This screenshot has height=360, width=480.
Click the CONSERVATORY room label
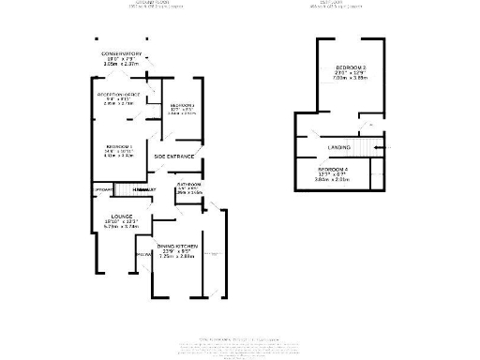(122, 53)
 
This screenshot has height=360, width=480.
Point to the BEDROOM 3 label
(180, 104)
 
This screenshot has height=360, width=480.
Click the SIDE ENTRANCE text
(173, 156)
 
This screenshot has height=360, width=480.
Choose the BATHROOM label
(190, 185)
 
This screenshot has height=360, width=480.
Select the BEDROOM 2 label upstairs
(352, 70)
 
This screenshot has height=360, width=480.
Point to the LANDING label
(339, 147)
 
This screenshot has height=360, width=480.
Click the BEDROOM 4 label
(333, 169)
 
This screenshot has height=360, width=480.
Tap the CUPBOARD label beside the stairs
(103, 190)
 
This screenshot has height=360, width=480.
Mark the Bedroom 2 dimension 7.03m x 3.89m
(352, 83)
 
